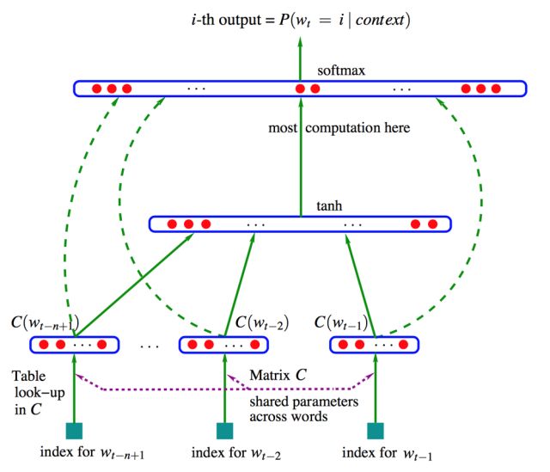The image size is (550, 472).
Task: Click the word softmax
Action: [x=338, y=70]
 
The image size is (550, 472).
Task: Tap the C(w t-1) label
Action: [x=342, y=324]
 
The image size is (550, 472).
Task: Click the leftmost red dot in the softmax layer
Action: [x=96, y=89]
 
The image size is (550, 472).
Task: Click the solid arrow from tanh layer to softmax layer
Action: [x=301, y=155]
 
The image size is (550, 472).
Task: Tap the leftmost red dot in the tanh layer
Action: [x=171, y=224]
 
